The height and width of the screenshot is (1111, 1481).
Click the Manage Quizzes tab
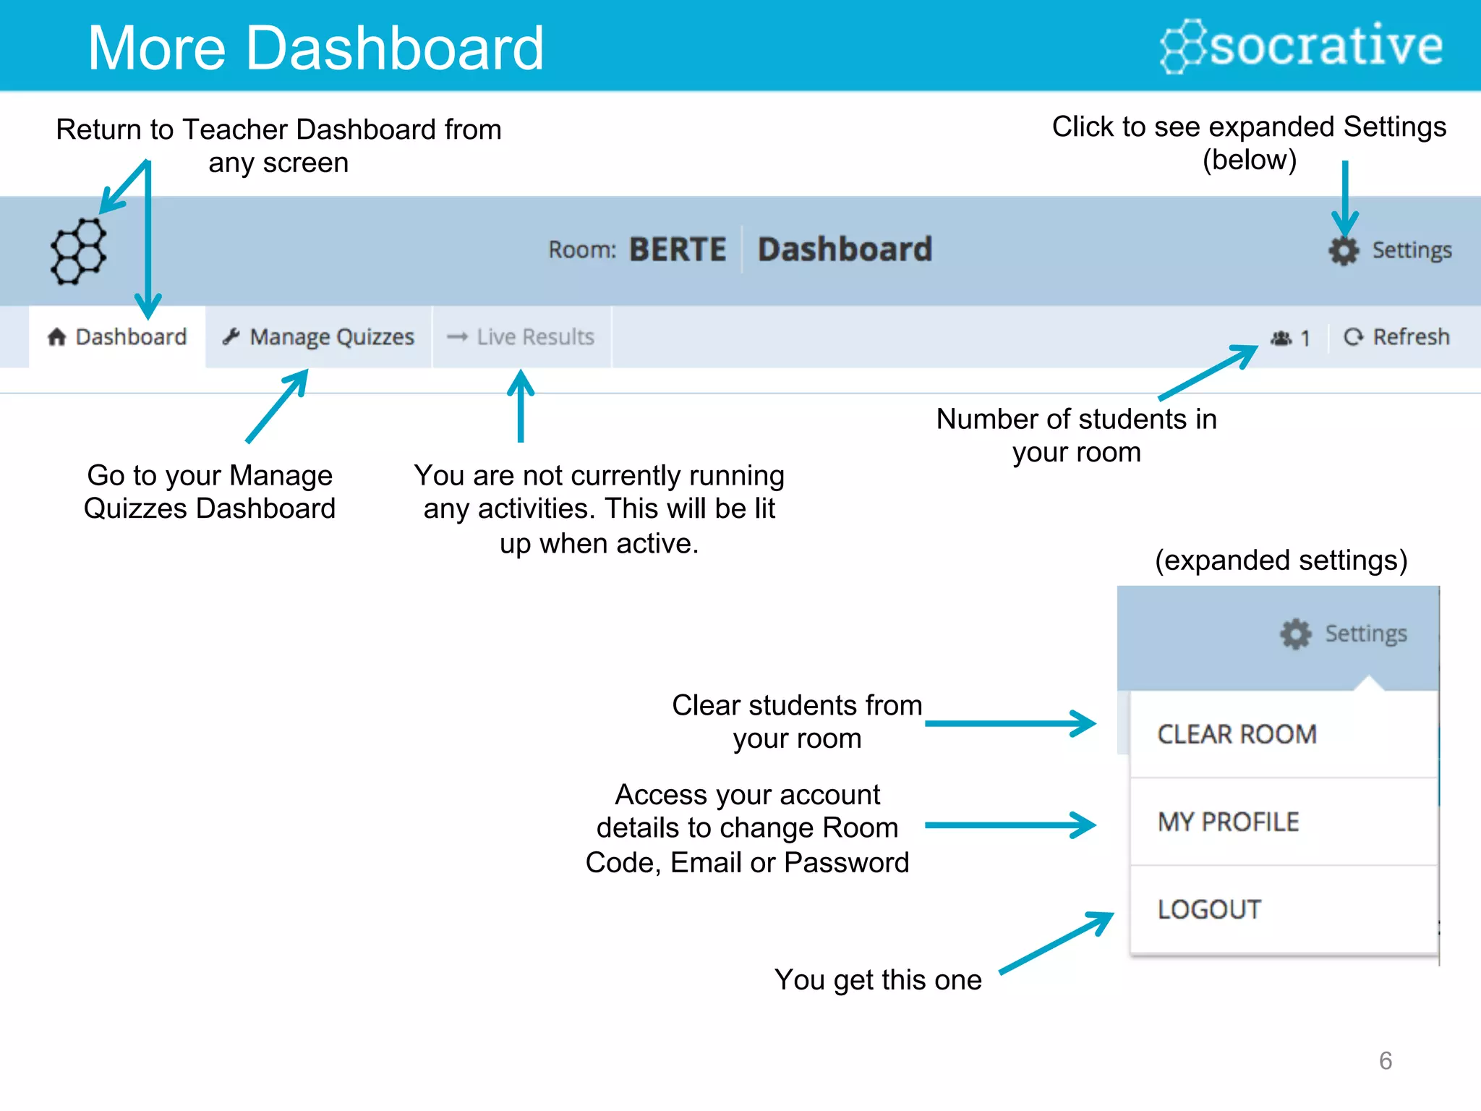tap(319, 337)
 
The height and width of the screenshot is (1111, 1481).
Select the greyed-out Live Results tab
tap(521, 337)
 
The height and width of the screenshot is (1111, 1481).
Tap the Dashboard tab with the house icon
tap(117, 337)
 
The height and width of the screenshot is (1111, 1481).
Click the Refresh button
tap(1396, 337)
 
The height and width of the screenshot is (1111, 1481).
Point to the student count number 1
tap(1305, 339)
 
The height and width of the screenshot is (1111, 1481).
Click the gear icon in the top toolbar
tap(1344, 250)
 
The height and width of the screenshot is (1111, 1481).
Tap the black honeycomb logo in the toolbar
tap(78, 251)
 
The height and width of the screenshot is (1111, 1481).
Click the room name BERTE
tap(677, 250)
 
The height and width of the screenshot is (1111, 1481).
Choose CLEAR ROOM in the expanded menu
tap(1237, 734)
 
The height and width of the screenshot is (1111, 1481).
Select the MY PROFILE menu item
tap(1228, 822)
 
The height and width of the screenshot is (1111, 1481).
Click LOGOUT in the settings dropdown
tap(1209, 910)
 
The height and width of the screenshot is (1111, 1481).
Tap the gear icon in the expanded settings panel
tap(1295, 634)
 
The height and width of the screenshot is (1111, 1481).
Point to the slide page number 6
tap(1385, 1060)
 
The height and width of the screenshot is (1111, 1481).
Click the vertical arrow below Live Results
tap(521, 405)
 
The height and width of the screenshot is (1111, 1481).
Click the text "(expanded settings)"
tap(1281, 561)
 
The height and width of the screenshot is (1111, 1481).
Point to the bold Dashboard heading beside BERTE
tap(845, 250)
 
